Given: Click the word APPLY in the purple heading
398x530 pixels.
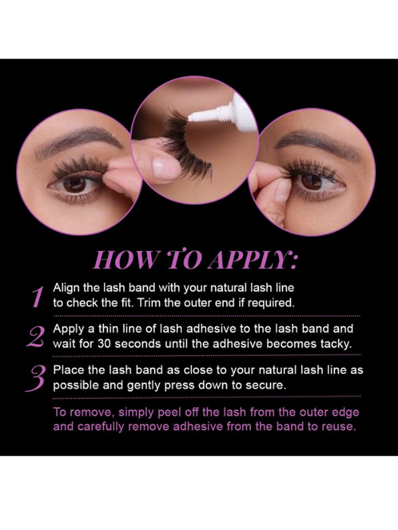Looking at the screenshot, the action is pos(252,260).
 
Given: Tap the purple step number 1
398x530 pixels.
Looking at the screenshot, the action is pos(38,297).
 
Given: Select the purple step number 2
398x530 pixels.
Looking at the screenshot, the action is pos(36,337).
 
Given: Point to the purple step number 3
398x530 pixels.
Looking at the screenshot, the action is pos(36,379).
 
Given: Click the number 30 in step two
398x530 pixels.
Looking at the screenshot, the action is pos(105,344).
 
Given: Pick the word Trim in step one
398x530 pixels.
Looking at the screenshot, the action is pos(149,303).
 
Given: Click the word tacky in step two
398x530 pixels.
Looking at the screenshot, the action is pos(336,344).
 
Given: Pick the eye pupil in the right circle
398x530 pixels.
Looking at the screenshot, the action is pos(312,182).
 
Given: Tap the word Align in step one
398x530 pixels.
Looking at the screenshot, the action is pos(67,288).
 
